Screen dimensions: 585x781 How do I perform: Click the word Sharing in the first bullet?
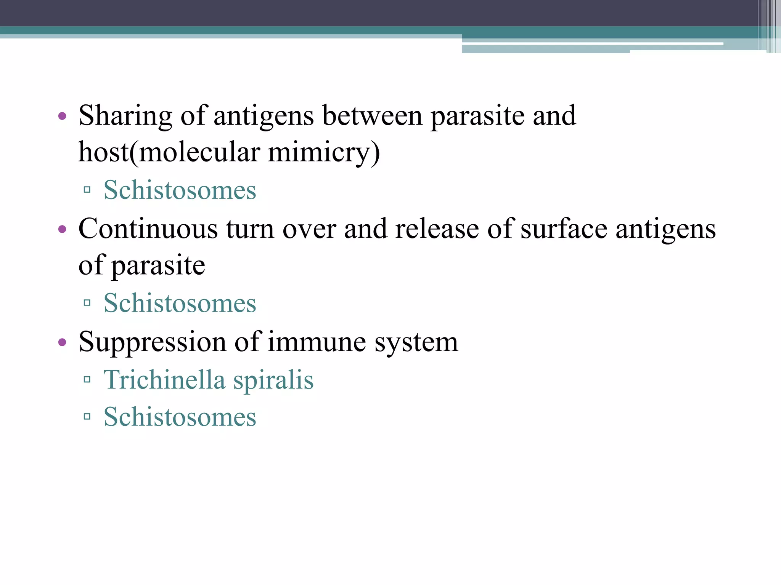[125, 116]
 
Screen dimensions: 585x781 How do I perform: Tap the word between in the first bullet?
[372, 116]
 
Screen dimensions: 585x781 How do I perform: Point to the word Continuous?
[148, 229]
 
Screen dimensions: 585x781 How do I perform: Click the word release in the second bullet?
[437, 229]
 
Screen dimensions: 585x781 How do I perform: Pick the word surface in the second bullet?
[564, 229]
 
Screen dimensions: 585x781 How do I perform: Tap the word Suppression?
[152, 342]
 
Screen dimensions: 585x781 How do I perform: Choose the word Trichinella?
[164, 380]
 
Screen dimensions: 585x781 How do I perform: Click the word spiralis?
[273, 380]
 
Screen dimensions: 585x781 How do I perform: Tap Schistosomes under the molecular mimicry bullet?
[180, 190]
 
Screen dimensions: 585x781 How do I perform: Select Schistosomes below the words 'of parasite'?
[180, 303]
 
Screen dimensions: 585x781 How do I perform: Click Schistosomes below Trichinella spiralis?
[180, 417]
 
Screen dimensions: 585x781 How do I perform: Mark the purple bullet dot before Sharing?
[62, 116]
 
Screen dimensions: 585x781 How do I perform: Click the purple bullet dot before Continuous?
[62, 229]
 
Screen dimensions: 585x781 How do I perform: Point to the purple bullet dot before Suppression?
[62, 342]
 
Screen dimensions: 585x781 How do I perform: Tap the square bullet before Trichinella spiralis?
[87, 379]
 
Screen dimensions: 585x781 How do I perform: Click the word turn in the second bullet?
[250, 229]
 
